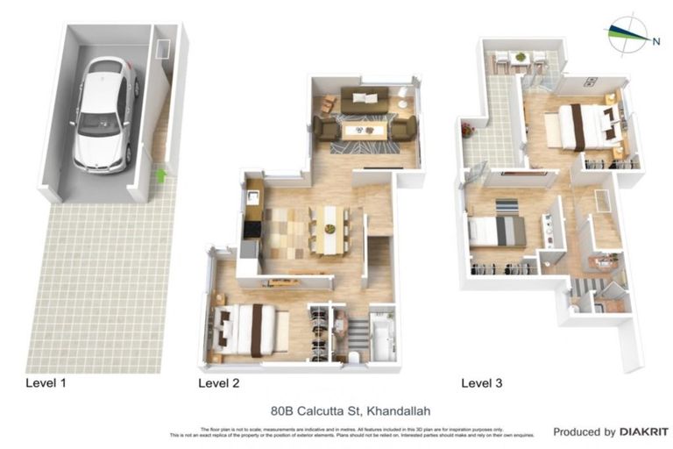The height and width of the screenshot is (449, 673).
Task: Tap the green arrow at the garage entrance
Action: click(x=160, y=175)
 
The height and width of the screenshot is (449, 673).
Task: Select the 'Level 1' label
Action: click(x=46, y=383)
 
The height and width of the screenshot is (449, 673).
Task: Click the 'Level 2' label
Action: click(x=219, y=383)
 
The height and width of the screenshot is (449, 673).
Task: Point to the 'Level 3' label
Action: click(x=482, y=383)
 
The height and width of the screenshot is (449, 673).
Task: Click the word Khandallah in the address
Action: click(x=399, y=410)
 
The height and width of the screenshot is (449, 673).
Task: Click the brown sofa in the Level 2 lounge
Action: click(x=364, y=99)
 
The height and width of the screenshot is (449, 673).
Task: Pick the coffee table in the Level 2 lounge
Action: click(x=363, y=131)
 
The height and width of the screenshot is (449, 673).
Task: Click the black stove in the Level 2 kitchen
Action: click(x=251, y=229)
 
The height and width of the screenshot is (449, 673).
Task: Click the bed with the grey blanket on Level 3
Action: click(x=499, y=231)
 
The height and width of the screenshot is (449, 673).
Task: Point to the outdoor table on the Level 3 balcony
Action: click(x=520, y=59)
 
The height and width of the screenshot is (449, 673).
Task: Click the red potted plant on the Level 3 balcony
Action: click(x=468, y=129)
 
